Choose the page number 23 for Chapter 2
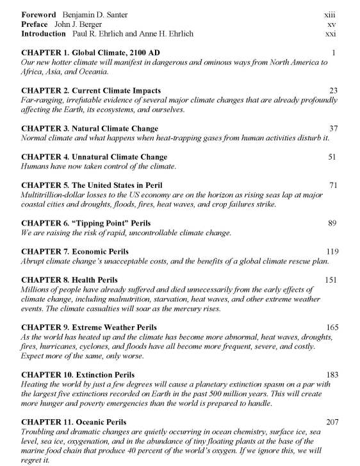333,90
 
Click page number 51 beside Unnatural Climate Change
332,156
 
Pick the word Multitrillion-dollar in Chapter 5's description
54,195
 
